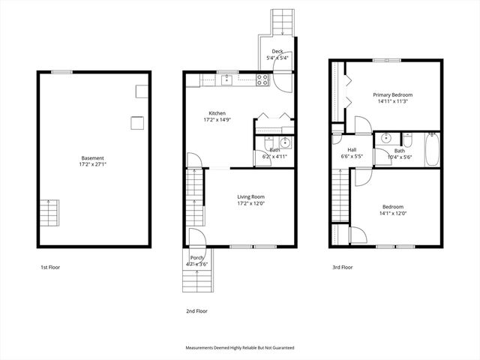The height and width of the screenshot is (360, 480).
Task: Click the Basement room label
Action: pos(93,158)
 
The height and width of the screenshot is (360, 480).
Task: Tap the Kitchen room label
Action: pos(217,113)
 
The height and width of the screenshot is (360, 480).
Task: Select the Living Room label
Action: pos(250,197)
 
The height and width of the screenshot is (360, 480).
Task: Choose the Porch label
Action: pos(197,258)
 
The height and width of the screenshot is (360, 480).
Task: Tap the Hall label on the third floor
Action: pos(351,149)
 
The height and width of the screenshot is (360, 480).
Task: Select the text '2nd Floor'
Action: pos(197,310)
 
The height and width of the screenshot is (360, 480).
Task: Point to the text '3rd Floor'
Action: pos(343,267)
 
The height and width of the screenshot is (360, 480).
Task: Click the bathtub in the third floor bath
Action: pos(433,150)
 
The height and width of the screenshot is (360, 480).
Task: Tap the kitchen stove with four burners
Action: pos(262,79)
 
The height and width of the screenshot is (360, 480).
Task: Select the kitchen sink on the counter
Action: pos(226,79)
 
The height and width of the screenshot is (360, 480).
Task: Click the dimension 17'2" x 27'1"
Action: pos(93,165)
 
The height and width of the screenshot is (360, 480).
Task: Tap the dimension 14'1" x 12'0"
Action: pos(393,214)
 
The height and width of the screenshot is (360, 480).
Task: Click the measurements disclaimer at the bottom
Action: pos(240,348)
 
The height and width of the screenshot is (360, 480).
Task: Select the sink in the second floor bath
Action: pos(284,142)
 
